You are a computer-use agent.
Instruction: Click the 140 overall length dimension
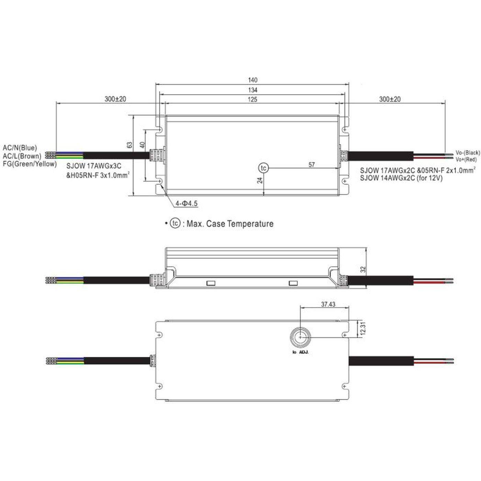coord(253,80)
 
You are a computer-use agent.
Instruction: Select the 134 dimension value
coord(253,90)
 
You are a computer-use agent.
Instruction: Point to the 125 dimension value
coord(253,100)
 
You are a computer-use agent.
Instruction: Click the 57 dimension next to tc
coord(311,165)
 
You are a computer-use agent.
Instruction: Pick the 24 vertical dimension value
coord(260,180)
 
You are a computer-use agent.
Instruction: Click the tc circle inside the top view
coord(264,168)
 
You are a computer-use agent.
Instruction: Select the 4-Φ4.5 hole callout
coord(187,204)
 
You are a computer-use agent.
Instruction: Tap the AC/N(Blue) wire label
coord(20,148)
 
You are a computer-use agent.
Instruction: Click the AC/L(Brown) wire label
coord(22,156)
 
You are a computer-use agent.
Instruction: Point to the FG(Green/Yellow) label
coord(30,164)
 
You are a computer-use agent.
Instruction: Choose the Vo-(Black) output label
coord(467,153)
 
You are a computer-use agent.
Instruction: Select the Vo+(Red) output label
coord(466,159)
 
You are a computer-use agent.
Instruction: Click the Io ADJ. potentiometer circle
coord(301,337)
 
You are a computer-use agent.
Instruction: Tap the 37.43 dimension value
coord(328,304)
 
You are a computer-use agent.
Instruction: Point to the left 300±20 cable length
coord(115,99)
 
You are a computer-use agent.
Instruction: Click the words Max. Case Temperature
coord(230,224)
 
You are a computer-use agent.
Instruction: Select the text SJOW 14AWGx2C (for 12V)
coord(401,178)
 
